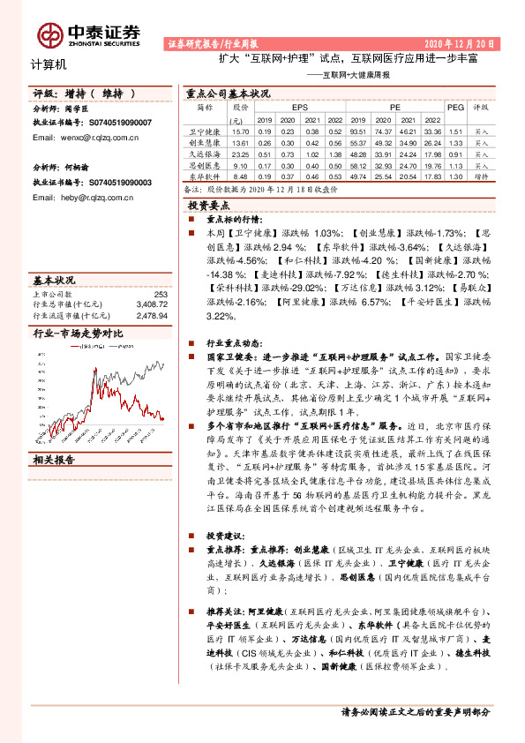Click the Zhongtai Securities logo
pos(88,34)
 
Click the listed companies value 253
pos(161,294)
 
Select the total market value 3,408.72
pos(153,304)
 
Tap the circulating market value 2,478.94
pos(153,313)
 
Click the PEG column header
pos(455,106)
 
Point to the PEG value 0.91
pos(455,153)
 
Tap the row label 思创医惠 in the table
pos(204,164)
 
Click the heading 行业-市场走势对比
pos(78,333)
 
